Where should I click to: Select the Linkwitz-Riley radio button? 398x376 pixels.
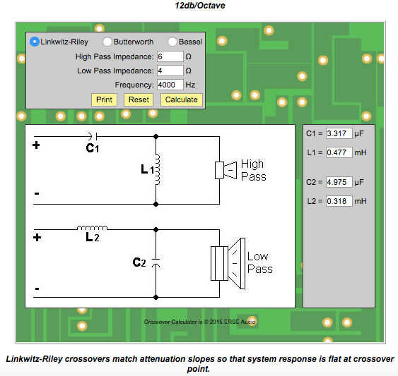(x=34, y=42)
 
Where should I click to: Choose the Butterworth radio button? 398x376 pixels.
(x=107, y=42)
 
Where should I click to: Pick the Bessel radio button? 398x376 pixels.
(x=172, y=42)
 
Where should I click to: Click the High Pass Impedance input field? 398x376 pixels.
(x=170, y=56)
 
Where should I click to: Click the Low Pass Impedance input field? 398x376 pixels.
(x=170, y=71)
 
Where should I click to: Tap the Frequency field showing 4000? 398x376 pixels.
(x=170, y=85)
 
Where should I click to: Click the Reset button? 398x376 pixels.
(x=139, y=100)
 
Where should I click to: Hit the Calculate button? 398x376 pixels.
(x=182, y=100)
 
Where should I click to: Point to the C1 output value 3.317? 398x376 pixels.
(x=339, y=133)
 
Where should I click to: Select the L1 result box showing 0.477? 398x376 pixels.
(x=339, y=152)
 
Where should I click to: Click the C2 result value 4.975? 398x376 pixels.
(x=339, y=182)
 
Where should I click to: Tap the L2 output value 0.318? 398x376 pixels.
(x=339, y=201)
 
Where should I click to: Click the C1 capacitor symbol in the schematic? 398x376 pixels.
(x=93, y=136)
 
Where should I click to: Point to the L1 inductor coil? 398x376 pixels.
(x=158, y=169)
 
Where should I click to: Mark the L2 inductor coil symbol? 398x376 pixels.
(x=92, y=228)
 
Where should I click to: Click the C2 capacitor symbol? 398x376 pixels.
(x=156, y=262)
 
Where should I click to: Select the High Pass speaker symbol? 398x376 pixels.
(x=226, y=170)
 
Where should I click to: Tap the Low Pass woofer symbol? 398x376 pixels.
(x=228, y=264)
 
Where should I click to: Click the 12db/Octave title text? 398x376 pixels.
(x=200, y=6)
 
